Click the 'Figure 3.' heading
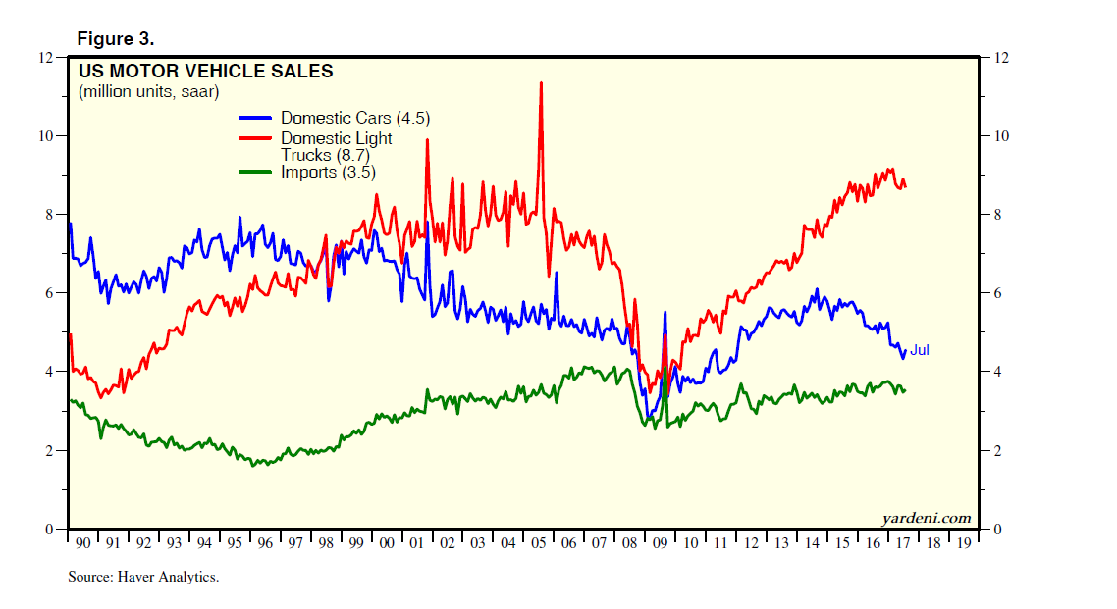[x=115, y=39]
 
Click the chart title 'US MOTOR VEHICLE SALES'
[x=205, y=72]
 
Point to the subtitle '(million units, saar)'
[x=148, y=92]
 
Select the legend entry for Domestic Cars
[x=354, y=119]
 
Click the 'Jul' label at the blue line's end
[x=919, y=350]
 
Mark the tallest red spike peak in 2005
[x=541, y=83]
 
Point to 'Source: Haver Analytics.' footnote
[x=143, y=577]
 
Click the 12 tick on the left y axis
[x=45, y=57]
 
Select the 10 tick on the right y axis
[x=1001, y=135]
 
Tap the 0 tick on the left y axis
[x=49, y=530]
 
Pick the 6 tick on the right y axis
[x=997, y=293]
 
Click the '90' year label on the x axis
[x=83, y=542]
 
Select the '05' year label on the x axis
[x=538, y=542]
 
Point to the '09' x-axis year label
[x=659, y=542]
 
